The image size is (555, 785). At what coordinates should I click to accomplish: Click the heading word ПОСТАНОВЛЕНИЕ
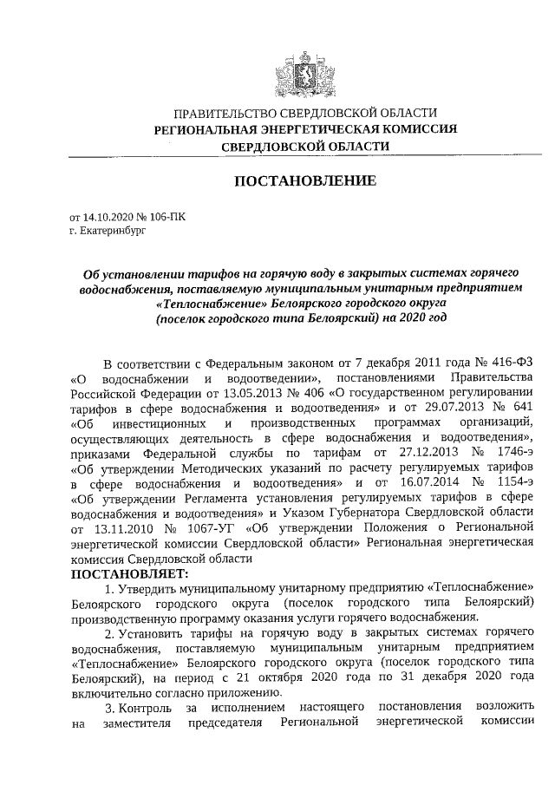(x=303, y=181)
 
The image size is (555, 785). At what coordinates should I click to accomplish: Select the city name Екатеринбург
(x=109, y=232)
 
